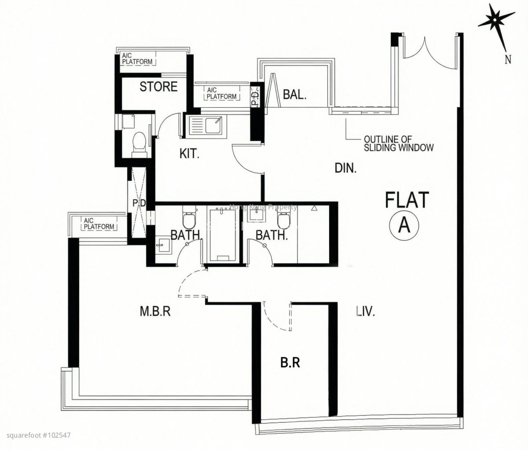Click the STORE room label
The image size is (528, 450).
[158, 87]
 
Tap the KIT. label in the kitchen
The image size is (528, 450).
[189, 154]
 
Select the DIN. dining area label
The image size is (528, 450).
[345, 168]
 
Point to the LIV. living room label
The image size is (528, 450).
[366, 311]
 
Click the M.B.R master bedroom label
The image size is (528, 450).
[155, 311]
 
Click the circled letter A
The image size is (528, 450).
[404, 225]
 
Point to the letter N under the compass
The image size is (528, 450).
[508, 59]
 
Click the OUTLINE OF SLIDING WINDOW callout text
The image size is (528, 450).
[399, 143]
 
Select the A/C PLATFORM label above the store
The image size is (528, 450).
[137, 59]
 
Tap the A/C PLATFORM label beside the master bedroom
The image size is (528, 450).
[99, 223]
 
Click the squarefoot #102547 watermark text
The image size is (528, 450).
[39, 435]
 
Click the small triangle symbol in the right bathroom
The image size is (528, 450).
[314, 208]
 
